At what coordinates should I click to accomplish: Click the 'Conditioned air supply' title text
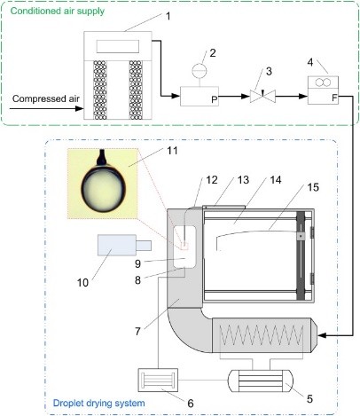[58, 12]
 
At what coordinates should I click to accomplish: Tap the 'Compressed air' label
[46, 98]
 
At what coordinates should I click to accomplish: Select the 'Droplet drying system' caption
[98, 403]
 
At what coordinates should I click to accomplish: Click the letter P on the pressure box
[215, 100]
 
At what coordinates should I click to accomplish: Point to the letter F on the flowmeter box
[334, 98]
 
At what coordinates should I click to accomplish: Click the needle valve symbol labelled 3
[262, 96]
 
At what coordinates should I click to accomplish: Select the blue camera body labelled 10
[117, 245]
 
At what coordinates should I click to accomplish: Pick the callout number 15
[313, 187]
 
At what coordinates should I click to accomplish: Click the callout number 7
[137, 332]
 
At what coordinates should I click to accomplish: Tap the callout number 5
[309, 399]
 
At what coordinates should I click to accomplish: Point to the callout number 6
[191, 403]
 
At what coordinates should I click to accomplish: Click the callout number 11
[172, 151]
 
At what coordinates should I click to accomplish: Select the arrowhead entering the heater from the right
[323, 335]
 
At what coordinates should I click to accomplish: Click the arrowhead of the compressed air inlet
[80, 108]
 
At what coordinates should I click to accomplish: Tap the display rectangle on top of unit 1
[118, 46]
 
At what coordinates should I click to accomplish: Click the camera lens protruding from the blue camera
[144, 246]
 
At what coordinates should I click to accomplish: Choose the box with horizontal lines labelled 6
[158, 380]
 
